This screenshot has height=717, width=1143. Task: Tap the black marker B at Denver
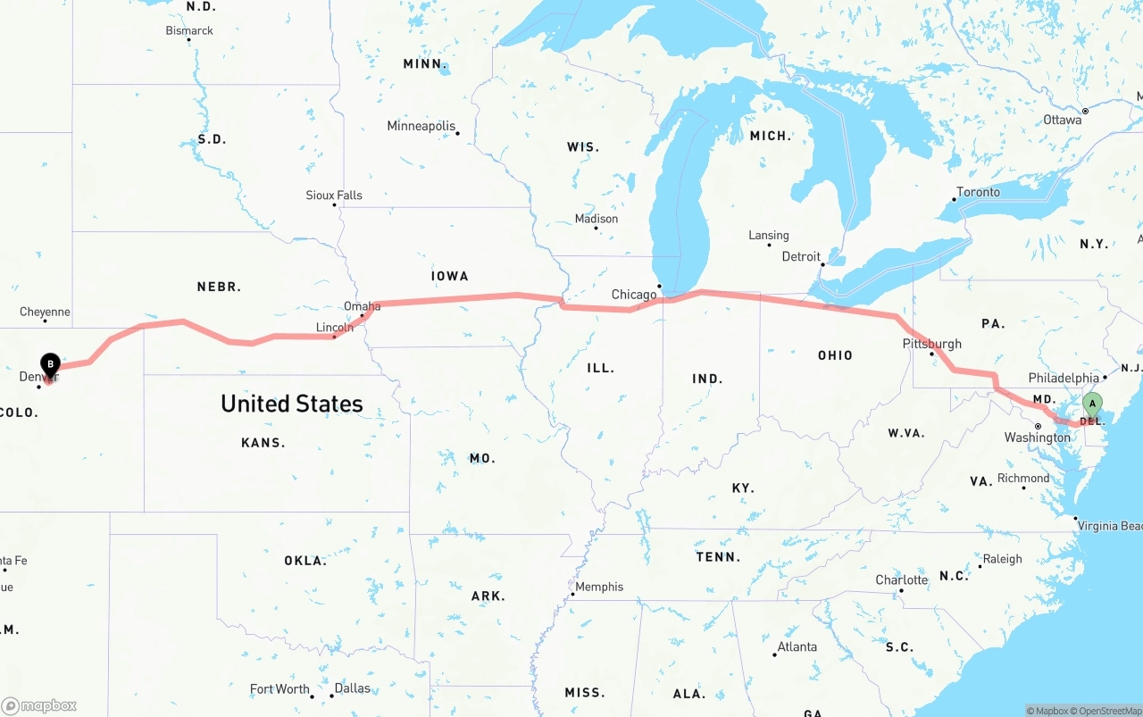point(51,365)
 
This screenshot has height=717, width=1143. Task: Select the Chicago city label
point(634,295)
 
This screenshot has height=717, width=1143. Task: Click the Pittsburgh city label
point(932,344)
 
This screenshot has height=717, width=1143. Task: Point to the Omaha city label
point(362,306)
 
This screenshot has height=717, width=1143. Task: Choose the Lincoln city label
point(335,328)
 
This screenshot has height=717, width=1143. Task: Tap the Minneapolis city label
point(421,126)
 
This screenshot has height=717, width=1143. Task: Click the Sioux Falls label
point(334,195)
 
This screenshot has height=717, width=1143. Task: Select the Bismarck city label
point(189,30)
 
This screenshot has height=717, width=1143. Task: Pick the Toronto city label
point(978,192)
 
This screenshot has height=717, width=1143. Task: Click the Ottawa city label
point(1062,120)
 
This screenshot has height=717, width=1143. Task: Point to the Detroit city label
point(801,256)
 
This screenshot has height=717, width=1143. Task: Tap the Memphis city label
point(599,587)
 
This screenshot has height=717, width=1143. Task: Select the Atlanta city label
point(797,646)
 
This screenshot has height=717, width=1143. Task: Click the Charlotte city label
point(901,579)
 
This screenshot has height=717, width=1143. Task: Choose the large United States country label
point(292,404)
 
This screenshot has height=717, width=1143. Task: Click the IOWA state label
point(449,277)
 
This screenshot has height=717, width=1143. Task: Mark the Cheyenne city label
point(45,312)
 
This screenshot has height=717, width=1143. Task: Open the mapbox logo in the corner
point(39,705)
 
